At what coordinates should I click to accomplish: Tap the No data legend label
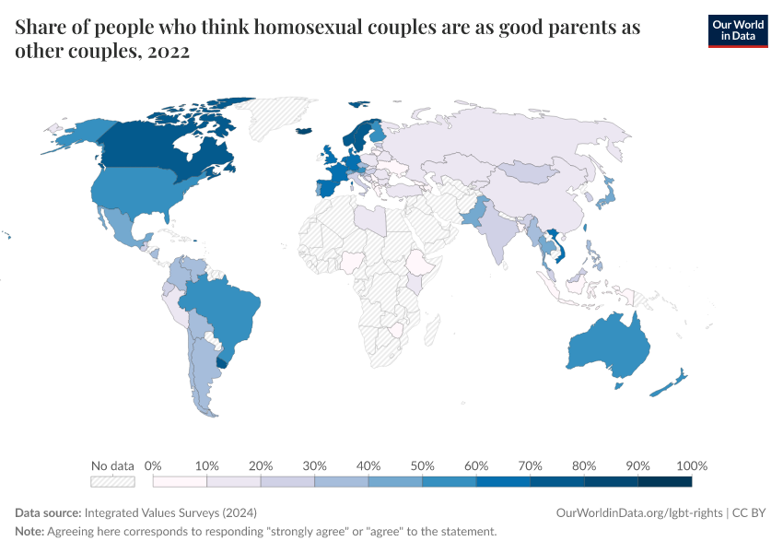112,465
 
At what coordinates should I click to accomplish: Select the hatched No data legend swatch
112,481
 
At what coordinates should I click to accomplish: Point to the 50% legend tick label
422,465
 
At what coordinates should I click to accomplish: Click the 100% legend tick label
691,465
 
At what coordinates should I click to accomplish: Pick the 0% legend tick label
154,465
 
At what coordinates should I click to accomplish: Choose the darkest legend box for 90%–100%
664,481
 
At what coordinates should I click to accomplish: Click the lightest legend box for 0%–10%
180,481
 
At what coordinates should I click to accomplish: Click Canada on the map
166,147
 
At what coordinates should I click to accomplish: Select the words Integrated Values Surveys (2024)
170,512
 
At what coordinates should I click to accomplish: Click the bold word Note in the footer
30,532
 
